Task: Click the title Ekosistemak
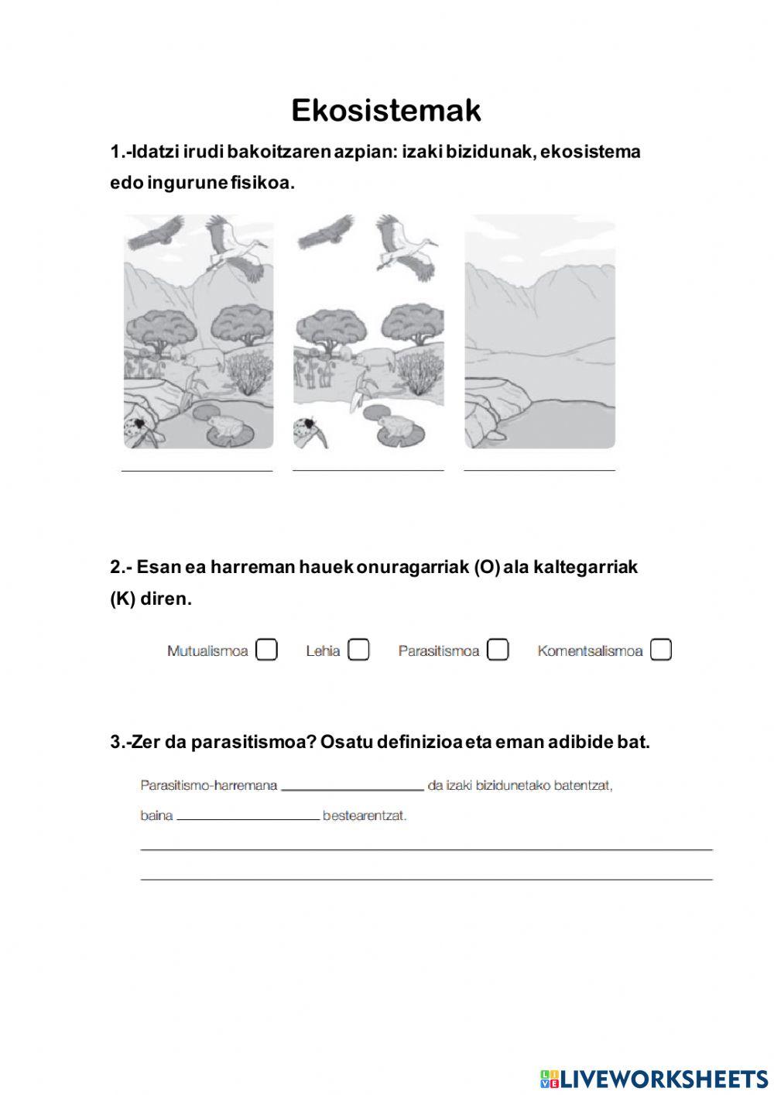386,111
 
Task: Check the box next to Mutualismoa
266,650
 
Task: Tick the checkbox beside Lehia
358,650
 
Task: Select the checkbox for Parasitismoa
498,650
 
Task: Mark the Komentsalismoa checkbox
660,650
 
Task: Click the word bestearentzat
365,815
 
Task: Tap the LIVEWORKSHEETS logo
654,1078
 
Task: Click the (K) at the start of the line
122,599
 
